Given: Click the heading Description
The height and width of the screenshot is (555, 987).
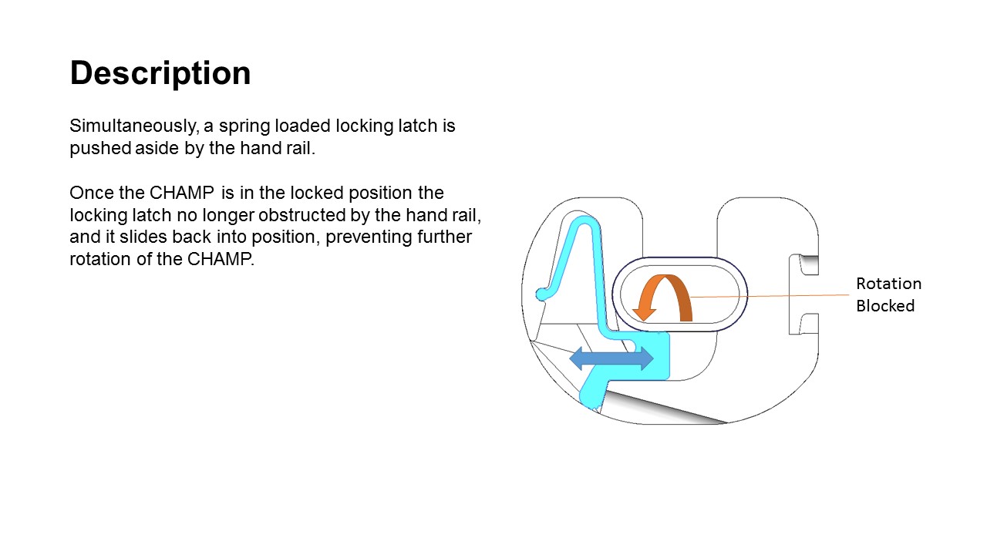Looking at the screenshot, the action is click(x=160, y=74).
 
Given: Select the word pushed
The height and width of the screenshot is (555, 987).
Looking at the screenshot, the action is click(x=100, y=149).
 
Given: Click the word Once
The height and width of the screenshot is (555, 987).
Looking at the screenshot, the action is click(x=92, y=193).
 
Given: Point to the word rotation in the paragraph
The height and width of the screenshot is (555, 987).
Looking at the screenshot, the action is click(x=100, y=260).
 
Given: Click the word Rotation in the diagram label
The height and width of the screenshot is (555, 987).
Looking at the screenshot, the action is click(x=889, y=284).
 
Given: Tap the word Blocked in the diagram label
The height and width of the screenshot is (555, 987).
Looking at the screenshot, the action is click(x=885, y=306).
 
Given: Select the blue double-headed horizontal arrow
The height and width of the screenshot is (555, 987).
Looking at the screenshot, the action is click(x=611, y=358).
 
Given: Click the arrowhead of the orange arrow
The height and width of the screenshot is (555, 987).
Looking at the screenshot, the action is click(x=644, y=314).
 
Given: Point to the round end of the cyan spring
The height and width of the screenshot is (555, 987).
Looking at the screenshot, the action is click(x=541, y=294).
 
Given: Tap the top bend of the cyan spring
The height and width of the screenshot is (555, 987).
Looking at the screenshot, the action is click(x=584, y=220).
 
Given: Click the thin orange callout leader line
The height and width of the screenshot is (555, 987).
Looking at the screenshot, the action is click(x=770, y=296).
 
